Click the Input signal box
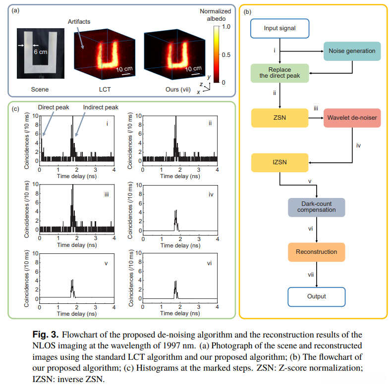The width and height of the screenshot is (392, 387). [280, 28]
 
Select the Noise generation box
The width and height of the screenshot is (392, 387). [352, 50]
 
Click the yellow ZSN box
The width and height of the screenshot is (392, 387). [280, 118]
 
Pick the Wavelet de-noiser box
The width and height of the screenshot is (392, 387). [352, 118]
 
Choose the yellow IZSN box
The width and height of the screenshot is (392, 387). [280, 163]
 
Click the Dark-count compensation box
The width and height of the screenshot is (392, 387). [316, 207]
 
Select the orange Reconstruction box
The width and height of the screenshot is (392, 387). [316, 252]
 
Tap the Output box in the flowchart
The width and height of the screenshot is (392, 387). [316, 296]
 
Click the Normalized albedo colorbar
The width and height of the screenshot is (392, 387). [216, 54]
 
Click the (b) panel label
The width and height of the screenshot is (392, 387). [247, 11]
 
